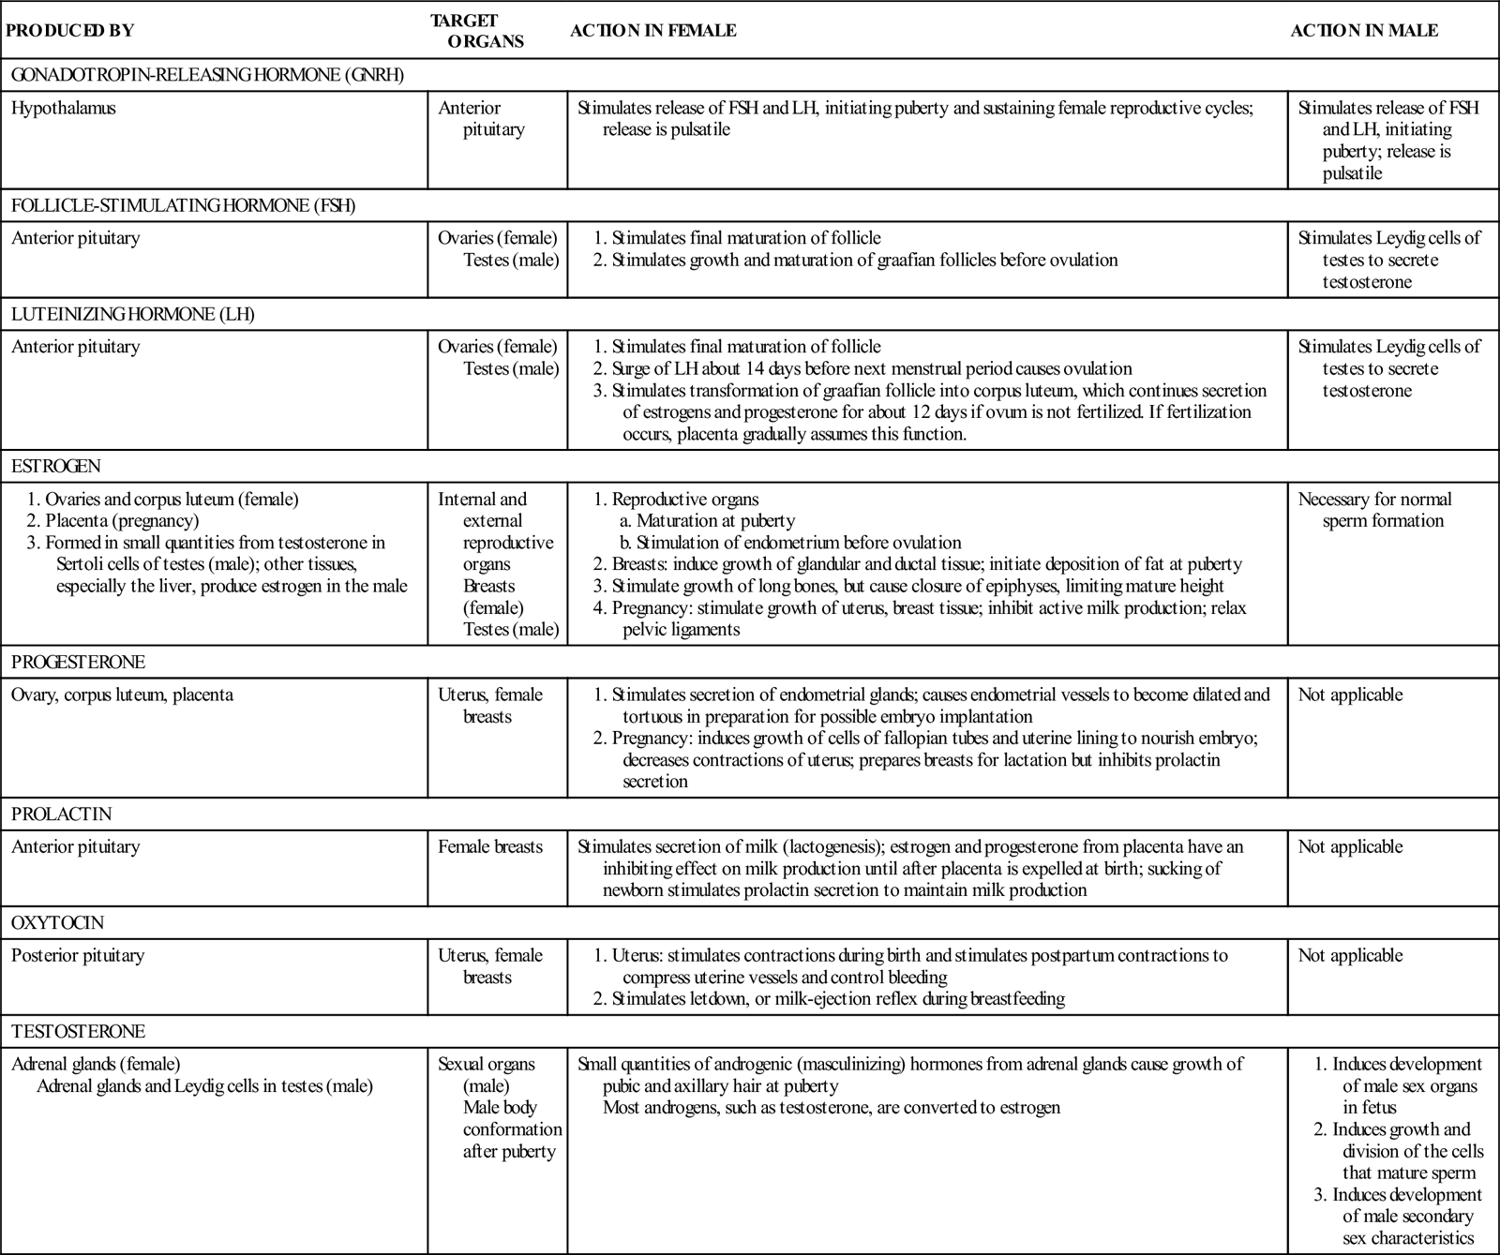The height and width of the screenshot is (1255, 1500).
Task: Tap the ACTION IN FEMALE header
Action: tap(652, 30)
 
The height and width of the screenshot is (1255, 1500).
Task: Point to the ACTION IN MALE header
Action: tap(1364, 30)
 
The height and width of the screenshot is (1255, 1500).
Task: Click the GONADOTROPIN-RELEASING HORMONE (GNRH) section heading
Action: tap(207, 75)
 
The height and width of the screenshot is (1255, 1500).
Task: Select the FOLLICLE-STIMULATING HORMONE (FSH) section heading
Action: tap(183, 206)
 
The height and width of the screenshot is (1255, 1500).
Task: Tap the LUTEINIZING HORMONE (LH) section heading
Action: tap(132, 315)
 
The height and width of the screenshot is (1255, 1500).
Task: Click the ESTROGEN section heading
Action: tap(55, 466)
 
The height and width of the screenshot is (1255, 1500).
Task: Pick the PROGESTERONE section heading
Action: tap(78, 663)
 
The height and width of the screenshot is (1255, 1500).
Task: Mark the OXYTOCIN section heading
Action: tap(57, 923)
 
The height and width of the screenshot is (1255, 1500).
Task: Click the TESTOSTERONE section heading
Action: tap(78, 1032)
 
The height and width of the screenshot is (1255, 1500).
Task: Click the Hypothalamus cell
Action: tap(64, 108)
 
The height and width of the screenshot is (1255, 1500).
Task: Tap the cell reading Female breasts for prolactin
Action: tap(490, 846)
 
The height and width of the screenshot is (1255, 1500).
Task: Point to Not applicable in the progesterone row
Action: tap(1350, 695)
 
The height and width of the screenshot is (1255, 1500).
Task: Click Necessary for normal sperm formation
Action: tap(1374, 510)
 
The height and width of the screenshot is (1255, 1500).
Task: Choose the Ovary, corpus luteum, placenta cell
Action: tap(122, 695)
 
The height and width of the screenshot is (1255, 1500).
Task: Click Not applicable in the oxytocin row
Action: tap(1350, 955)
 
